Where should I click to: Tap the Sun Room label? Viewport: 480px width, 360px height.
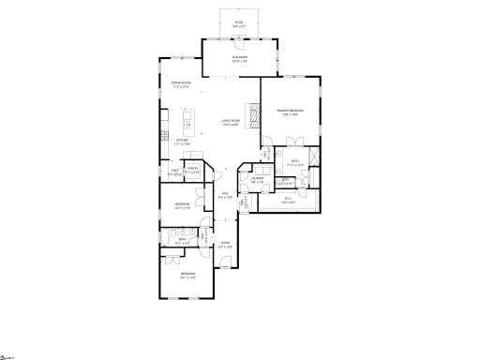pyautogui.click(x=240, y=59)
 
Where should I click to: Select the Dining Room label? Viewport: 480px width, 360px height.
pyautogui.click(x=182, y=85)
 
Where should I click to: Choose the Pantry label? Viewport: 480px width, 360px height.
pyautogui.click(x=192, y=171)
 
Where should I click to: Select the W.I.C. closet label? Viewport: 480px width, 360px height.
pyautogui.click(x=289, y=198)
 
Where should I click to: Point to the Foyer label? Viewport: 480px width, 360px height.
pyautogui.click(x=225, y=245)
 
